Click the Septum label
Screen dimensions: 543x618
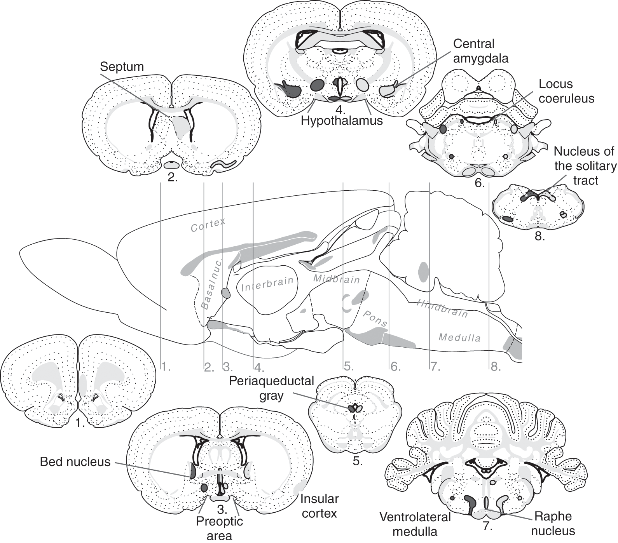coord(122,66)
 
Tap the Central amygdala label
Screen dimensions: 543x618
coord(481,51)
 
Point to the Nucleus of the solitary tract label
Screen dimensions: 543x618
coord(585,166)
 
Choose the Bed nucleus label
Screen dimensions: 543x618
coord(75,462)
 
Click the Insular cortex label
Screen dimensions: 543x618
coord(318,506)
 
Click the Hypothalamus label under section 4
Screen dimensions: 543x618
coord(342,120)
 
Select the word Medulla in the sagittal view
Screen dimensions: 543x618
coord(459,338)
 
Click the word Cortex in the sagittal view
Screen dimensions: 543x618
coord(208,225)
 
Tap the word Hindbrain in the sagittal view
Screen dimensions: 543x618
coord(442,309)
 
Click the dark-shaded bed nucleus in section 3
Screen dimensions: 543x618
coord(192,471)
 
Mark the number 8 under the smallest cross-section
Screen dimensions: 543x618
coord(539,236)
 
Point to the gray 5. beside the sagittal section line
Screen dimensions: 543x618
coord(349,367)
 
